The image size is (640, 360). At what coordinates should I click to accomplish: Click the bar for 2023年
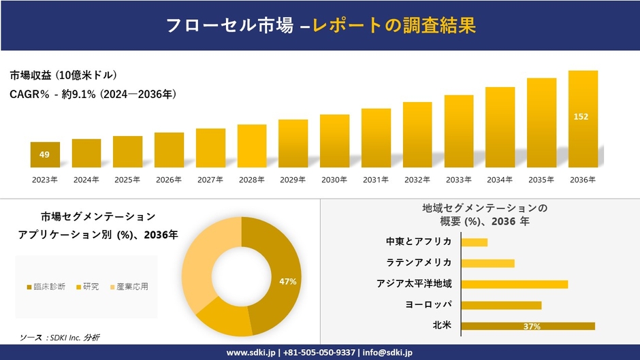[45, 154]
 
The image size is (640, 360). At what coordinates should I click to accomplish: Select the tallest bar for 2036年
[583, 119]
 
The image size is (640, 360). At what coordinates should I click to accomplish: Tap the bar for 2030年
[334, 141]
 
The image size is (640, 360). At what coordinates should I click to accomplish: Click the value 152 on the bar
[581, 116]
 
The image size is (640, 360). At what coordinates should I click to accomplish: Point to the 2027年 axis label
[210, 180]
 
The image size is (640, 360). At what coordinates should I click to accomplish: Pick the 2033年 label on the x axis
[458, 180]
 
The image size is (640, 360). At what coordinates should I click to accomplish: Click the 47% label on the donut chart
[288, 281]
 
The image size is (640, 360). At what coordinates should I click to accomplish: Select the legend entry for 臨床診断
[46, 287]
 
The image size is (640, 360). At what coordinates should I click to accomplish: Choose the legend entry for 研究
[87, 287]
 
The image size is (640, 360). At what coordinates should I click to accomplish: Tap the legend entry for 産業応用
[129, 287]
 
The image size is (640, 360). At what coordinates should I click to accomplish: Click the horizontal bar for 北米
[528, 326]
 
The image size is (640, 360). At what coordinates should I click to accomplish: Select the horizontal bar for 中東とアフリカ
[474, 242]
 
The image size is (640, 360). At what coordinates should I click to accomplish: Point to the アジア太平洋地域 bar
[514, 284]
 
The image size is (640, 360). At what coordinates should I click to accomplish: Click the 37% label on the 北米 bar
[532, 327]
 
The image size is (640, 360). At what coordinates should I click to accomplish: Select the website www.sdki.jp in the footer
[251, 353]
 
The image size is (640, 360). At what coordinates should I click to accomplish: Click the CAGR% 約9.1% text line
[93, 95]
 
